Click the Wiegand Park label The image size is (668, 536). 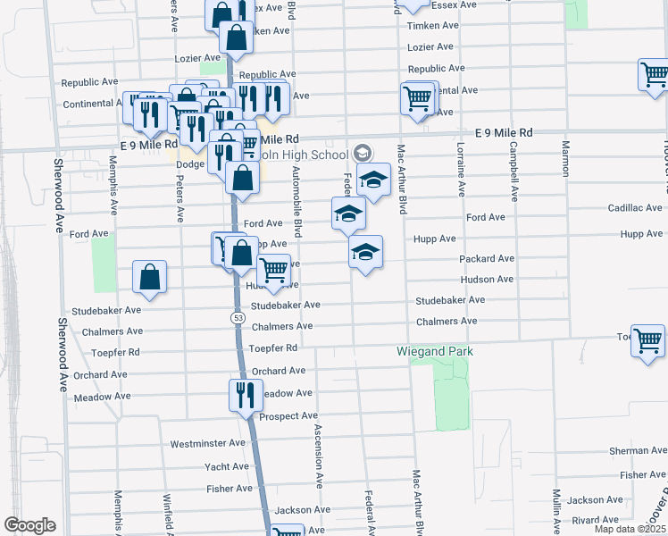point(435,351)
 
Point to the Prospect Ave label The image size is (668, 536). point(288,416)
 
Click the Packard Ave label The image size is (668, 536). point(487,258)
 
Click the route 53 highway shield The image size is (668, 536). point(238,317)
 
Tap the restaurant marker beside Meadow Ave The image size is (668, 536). point(245,394)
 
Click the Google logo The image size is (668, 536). point(29,525)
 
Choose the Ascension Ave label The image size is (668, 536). point(317,456)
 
